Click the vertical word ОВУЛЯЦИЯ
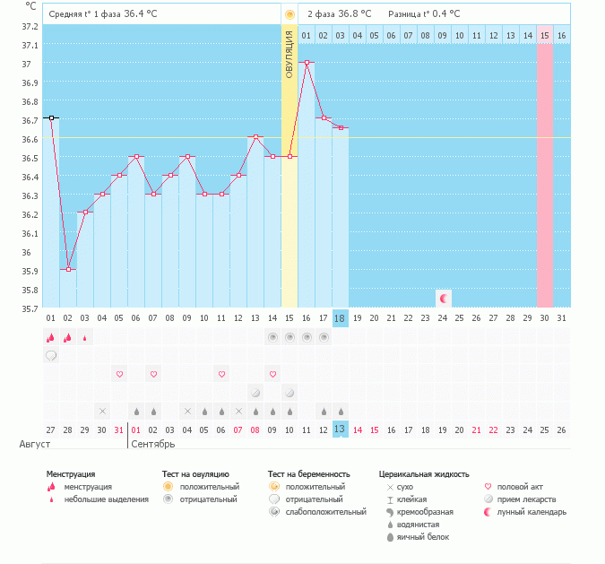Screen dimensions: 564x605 coord(290,55)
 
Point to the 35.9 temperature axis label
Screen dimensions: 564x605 coord(30,271)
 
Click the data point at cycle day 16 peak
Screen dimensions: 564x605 coord(307,63)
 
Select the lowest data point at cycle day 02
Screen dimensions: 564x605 coord(68,269)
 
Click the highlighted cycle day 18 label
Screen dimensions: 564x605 coord(340,318)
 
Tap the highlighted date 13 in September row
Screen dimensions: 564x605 coord(340,430)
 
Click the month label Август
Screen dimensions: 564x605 coord(34,444)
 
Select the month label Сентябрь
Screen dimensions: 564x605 coord(153,444)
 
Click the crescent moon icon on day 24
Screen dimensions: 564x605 coord(443,297)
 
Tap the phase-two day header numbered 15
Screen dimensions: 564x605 coord(544,35)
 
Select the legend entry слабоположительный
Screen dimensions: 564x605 coord(326,512)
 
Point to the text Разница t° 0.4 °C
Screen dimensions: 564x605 coord(424,14)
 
